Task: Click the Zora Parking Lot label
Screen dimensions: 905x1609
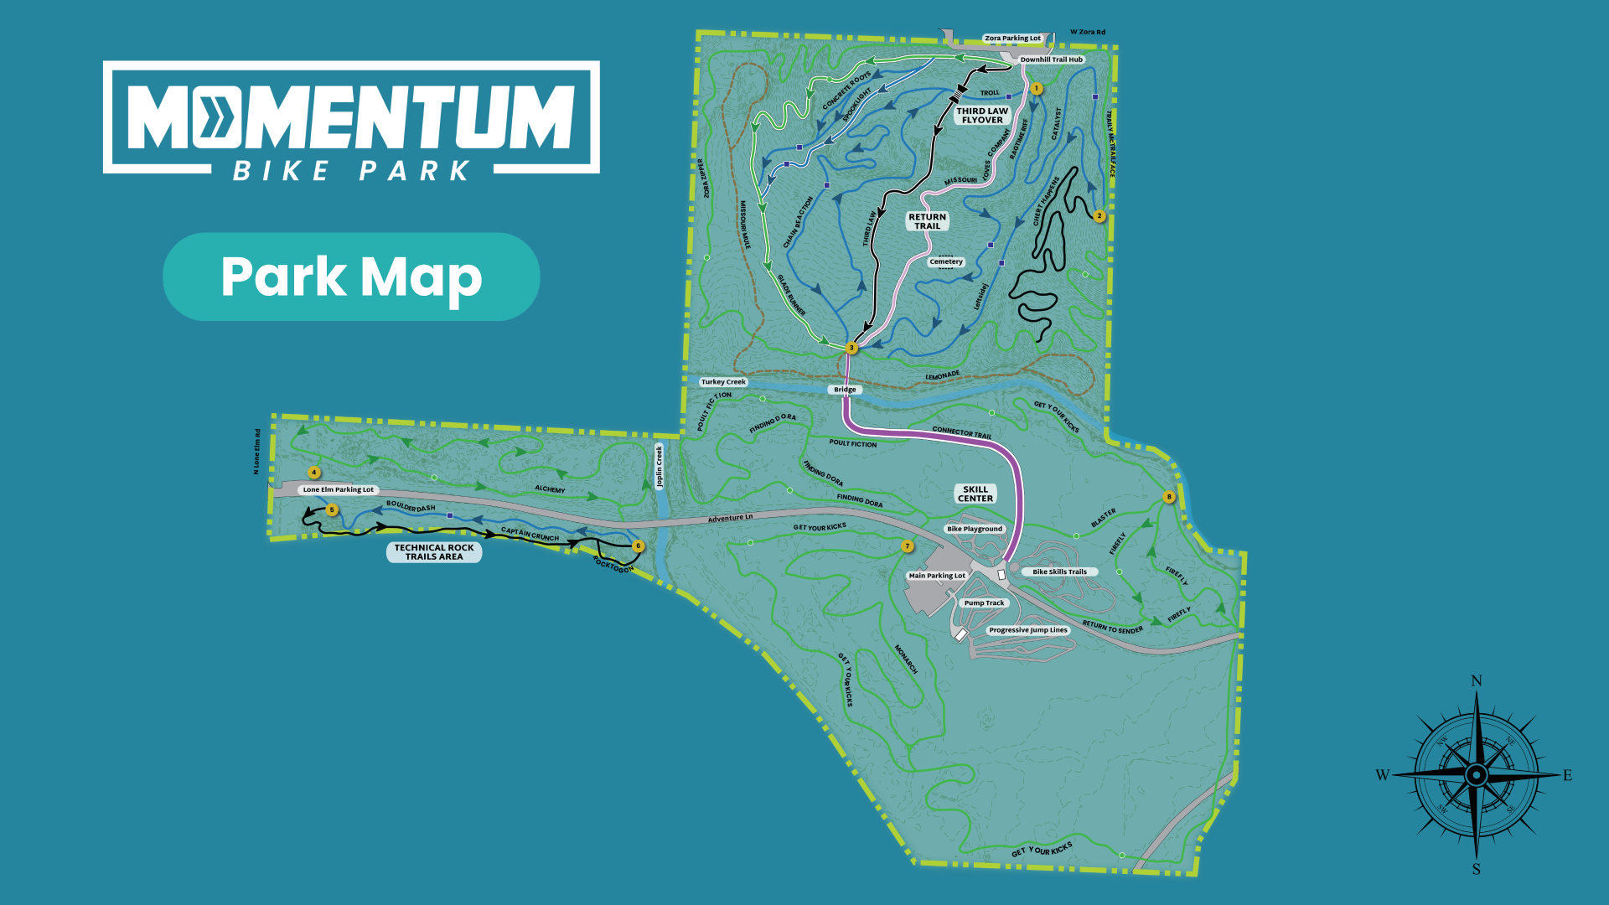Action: (1012, 39)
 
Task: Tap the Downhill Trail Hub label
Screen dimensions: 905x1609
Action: (1051, 59)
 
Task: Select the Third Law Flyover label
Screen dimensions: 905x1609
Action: (982, 116)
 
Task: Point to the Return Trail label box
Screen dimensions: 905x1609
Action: (927, 221)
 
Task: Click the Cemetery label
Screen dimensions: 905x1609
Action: (946, 262)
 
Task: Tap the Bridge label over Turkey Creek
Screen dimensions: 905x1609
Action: (845, 390)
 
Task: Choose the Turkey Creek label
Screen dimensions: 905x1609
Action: (723, 382)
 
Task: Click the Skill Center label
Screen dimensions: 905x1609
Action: (975, 494)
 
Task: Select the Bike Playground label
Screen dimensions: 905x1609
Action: (975, 530)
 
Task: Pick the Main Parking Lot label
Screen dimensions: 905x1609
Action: (937, 576)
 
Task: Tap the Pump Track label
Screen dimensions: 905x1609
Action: (984, 603)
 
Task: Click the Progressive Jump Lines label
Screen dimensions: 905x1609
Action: (1028, 630)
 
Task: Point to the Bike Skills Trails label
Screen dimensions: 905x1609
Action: (1059, 572)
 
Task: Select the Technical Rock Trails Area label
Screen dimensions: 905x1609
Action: (434, 552)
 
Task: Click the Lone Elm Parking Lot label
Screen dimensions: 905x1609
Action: (339, 490)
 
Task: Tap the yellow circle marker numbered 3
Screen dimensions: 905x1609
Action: (851, 348)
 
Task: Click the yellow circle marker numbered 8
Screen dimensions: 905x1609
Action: (1169, 497)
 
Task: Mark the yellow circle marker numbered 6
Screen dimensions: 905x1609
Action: (638, 546)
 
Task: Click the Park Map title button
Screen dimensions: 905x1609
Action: (351, 277)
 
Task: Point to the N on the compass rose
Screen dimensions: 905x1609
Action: (1477, 681)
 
